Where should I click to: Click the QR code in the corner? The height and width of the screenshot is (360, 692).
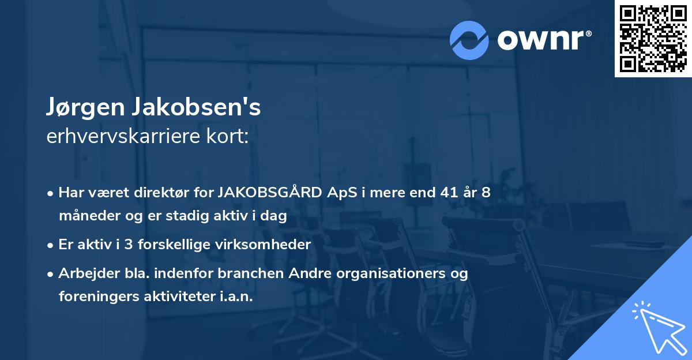click(653, 38)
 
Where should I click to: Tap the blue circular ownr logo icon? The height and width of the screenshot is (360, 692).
click(469, 40)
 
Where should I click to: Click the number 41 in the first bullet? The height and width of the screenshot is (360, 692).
click(446, 193)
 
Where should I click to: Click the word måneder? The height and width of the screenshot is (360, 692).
click(86, 216)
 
